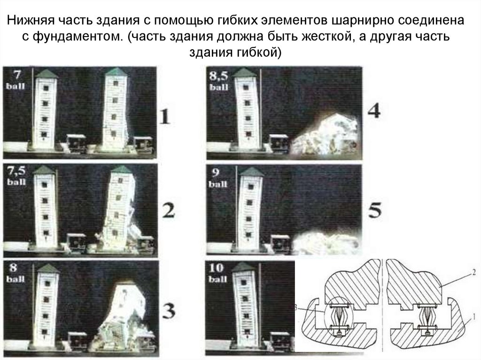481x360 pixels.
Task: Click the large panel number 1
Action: tap(165, 116)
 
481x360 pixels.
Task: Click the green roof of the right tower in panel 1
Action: tap(115, 72)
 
